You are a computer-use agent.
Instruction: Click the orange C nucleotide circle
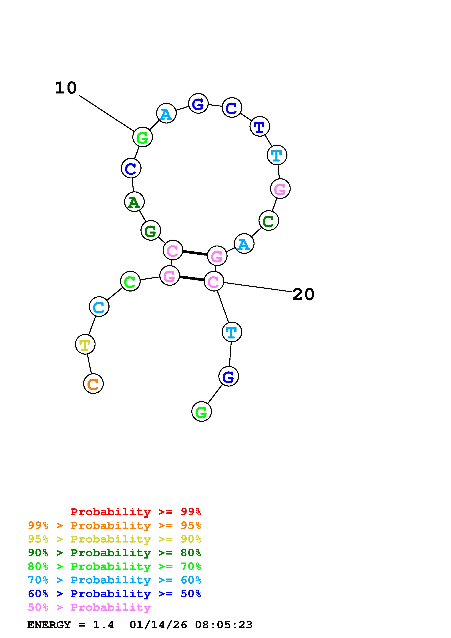click(x=93, y=384)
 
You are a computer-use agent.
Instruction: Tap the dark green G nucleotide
click(x=151, y=230)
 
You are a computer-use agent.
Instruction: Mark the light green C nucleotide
click(x=130, y=281)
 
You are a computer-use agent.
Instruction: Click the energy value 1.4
click(x=103, y=625)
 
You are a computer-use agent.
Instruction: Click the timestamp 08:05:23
click(x=224, y=625)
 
